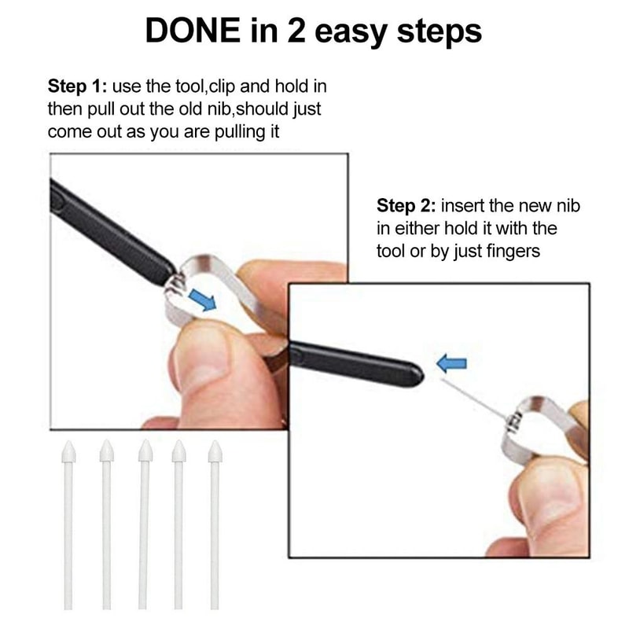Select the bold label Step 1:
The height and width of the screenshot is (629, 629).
(x=78, y=86)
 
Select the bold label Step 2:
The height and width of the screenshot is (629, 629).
(x=406, y=206)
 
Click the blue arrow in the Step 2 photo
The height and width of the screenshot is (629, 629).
(x=451, y=363)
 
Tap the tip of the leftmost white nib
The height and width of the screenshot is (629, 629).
(x=68, y=451)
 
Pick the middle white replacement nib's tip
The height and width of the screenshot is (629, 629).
(x=145, y=451)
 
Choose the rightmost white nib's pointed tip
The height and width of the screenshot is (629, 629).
(x=215, y=451)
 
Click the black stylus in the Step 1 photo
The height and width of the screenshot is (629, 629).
(x=110, y=228)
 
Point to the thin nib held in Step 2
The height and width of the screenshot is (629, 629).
(x=472, y=397)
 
